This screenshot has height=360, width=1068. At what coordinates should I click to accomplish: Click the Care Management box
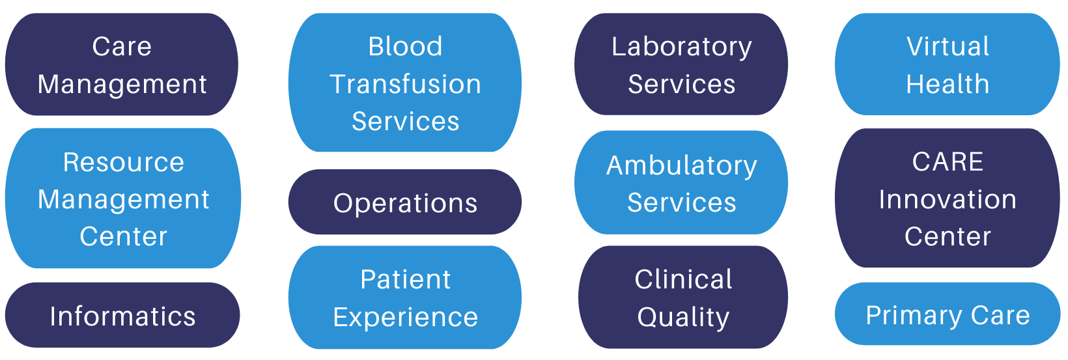click(122, 64)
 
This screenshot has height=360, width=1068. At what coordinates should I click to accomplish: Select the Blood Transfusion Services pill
click(404, 83)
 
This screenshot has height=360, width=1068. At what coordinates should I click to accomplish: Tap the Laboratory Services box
click(681, 64)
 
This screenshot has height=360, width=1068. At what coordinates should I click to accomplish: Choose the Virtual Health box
click(947, 64)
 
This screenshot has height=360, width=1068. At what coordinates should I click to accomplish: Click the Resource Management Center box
click(123, 199)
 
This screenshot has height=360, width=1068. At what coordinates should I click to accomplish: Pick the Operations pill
click(404, 202)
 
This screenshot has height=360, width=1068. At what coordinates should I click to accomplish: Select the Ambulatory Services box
click(681, 183)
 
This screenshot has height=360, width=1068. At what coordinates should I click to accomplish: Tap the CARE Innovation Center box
click(947, 199)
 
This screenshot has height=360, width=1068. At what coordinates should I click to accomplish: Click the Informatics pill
click(122, 316)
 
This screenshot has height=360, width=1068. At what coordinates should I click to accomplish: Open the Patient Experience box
click(404, 298)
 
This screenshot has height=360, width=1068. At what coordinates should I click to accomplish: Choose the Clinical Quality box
click(683, 298)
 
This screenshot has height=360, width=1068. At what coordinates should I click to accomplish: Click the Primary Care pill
click(947, 314)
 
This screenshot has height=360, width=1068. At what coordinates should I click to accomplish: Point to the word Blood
click(405, 46)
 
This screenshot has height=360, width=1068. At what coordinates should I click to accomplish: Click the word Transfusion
click(405, 84)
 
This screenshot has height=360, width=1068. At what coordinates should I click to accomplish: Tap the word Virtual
click(948, 46)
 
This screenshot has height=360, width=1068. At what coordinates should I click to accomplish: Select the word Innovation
click(948, 199)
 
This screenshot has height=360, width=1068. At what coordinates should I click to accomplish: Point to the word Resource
click(124, 162)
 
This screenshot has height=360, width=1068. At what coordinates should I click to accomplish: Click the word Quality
click(683, 317)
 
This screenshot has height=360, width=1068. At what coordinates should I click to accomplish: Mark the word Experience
click(405, 317)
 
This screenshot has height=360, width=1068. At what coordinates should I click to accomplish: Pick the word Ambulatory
click(682, 165)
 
